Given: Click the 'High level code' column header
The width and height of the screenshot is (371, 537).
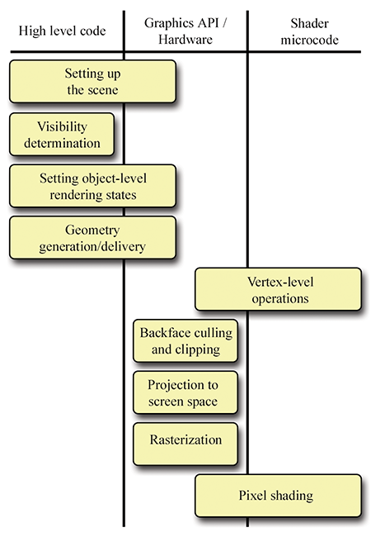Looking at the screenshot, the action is click(62, 31).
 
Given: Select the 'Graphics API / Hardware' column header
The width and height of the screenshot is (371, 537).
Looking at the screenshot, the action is click(185, 31).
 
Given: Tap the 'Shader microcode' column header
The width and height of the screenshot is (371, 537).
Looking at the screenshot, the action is click(309, 31).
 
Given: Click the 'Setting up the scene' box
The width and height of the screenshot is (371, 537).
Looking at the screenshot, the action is click(92, 82).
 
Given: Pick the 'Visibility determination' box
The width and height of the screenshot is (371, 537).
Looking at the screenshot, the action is click(62, 135).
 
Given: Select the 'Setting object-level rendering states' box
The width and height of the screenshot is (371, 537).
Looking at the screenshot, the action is click(92, 186).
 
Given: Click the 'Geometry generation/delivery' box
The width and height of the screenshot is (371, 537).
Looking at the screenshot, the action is click(92, 238).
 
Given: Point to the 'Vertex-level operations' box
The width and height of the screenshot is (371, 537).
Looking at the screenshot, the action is click(278, 289).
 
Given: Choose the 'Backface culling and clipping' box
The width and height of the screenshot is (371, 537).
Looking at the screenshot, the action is click(185, 341).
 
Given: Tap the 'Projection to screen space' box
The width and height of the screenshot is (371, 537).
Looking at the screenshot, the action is click(185, 392).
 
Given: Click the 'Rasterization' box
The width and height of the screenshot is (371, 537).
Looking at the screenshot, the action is click(185, 444).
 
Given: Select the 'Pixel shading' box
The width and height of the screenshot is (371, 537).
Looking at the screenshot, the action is click(278, 496).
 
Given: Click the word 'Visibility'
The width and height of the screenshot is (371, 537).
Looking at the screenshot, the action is click(62, 126).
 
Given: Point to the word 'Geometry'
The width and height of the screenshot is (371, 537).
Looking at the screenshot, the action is click(92, 230).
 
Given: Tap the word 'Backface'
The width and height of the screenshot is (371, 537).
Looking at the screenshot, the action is click(160, 333).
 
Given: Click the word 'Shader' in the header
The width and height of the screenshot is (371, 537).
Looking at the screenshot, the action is click(309, 23).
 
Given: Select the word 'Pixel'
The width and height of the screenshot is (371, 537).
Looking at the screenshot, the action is click(251, 496).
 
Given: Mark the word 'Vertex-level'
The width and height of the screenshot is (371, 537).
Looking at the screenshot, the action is click(280, 282).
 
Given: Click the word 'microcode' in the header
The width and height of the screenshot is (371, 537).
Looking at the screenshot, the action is click(309, 40).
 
